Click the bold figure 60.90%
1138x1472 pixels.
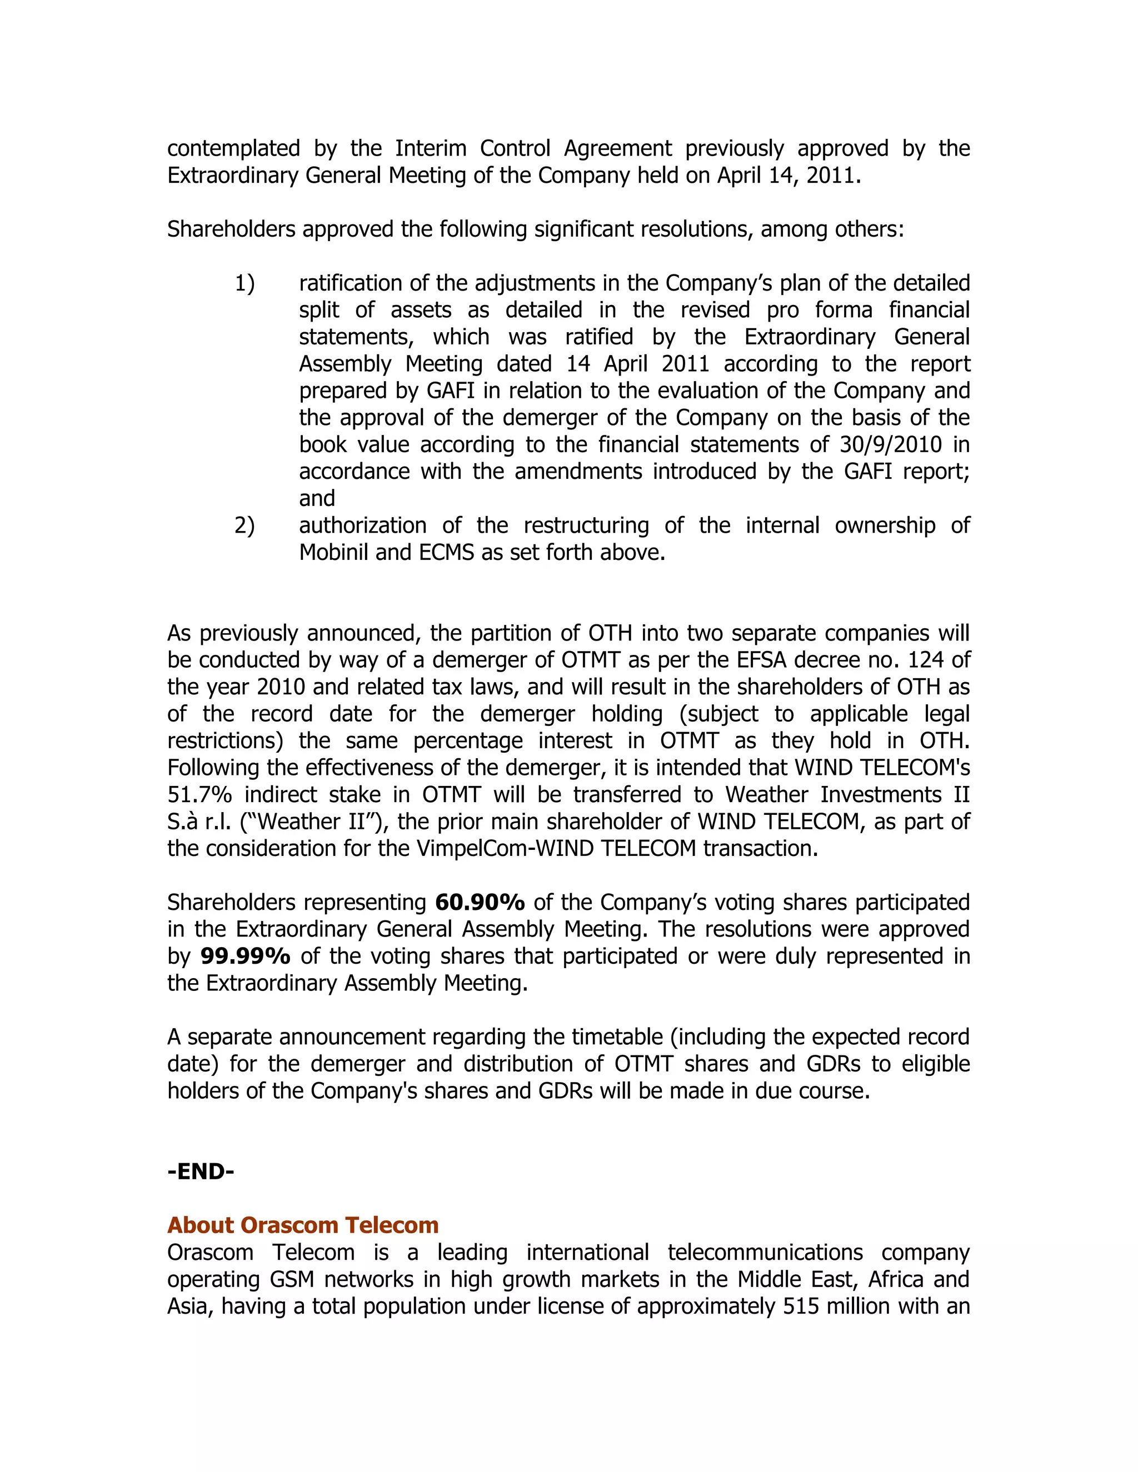click(480, 902)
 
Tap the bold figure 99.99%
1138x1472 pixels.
click(246, 956)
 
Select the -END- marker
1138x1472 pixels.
click(200, 1171)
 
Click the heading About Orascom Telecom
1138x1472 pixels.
click(303, 1225)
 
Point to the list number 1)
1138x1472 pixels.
click(244, 284)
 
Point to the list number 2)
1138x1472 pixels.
click(244, 525)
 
